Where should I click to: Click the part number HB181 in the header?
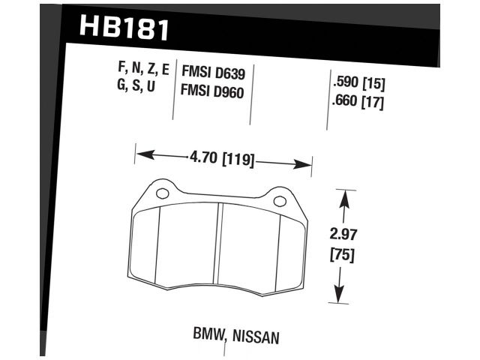point(124,28)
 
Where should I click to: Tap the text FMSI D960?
point(214,93)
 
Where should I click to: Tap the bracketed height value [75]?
point(343,255)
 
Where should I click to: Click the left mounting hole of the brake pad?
point(162,193)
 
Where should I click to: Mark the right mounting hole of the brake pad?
point(279,200)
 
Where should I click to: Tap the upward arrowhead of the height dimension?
point(344,198)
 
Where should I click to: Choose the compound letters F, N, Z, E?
point(143,70)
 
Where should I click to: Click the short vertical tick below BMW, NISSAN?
point(224,351)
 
